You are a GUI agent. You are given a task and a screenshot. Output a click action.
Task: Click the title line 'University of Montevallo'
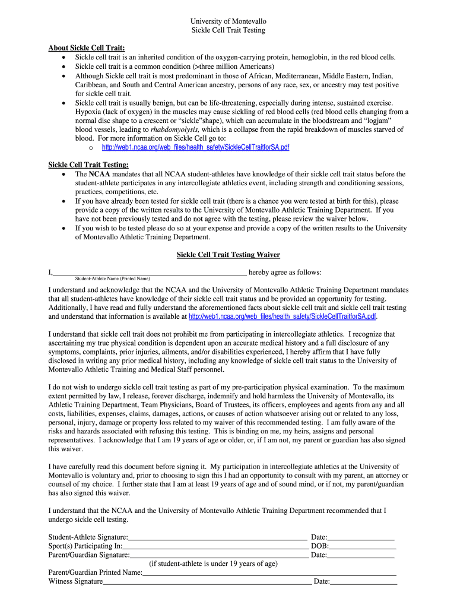[x=228, y=21]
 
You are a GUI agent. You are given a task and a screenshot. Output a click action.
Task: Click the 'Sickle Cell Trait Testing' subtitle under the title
[x=228, y=30]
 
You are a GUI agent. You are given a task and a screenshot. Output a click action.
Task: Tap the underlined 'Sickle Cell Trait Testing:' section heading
[x=88, y=165]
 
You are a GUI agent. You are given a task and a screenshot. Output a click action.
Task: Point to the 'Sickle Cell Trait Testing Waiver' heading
[x=228, y=255]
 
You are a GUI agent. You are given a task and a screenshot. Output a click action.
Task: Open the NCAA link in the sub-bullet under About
[x=196, y=147]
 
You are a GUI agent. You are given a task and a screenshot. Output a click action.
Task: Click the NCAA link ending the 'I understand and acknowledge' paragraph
[x=283, y=316]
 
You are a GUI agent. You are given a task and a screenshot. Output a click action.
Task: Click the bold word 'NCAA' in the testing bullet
[x=99, y=175]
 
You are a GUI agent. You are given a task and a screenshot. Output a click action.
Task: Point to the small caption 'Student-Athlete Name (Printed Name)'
[x=113, y=278]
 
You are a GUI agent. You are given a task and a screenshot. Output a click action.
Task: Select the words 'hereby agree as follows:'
[x=285, y=273]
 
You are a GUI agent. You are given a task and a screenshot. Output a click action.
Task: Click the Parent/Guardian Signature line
[x=219, y=556]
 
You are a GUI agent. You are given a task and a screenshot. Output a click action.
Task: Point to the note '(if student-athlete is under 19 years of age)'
[x=213, y=564]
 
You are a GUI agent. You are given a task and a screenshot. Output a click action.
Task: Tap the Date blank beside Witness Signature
[x=363, y=582]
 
